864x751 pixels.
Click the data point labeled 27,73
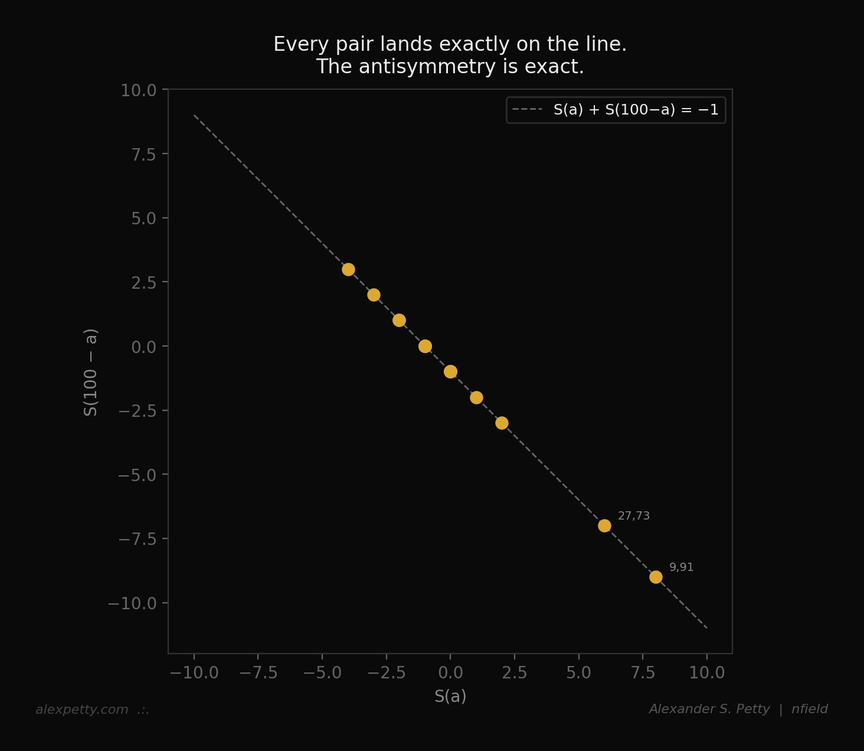click(x=604, y=525)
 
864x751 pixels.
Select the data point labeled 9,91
click(x=656, y=577)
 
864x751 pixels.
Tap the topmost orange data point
click(x=348, y=269)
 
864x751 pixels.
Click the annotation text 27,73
click(x=634, y=516)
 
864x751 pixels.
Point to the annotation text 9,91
click(x=682, y=567)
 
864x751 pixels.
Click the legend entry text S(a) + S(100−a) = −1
click(x=636, y=110)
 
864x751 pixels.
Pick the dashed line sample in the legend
click(x=527, y=110)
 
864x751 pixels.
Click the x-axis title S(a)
click(x=450, y=697)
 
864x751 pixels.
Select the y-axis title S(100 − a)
click(x=91, y=372)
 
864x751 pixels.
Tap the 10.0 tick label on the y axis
click(x=139, y=90)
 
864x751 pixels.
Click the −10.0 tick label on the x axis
click(x=194, y=672)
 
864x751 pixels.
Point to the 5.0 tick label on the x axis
click(x=578, y=672)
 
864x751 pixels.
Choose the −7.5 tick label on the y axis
click(x=137, y=539)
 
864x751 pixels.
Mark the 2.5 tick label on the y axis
click(x=143, y=282)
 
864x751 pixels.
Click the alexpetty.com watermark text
click(x=82, y=710)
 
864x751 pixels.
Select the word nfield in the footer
click(x=810, y=709)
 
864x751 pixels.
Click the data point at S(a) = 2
click(x=502, y=423)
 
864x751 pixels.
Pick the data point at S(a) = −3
click(x=374, y=295)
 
